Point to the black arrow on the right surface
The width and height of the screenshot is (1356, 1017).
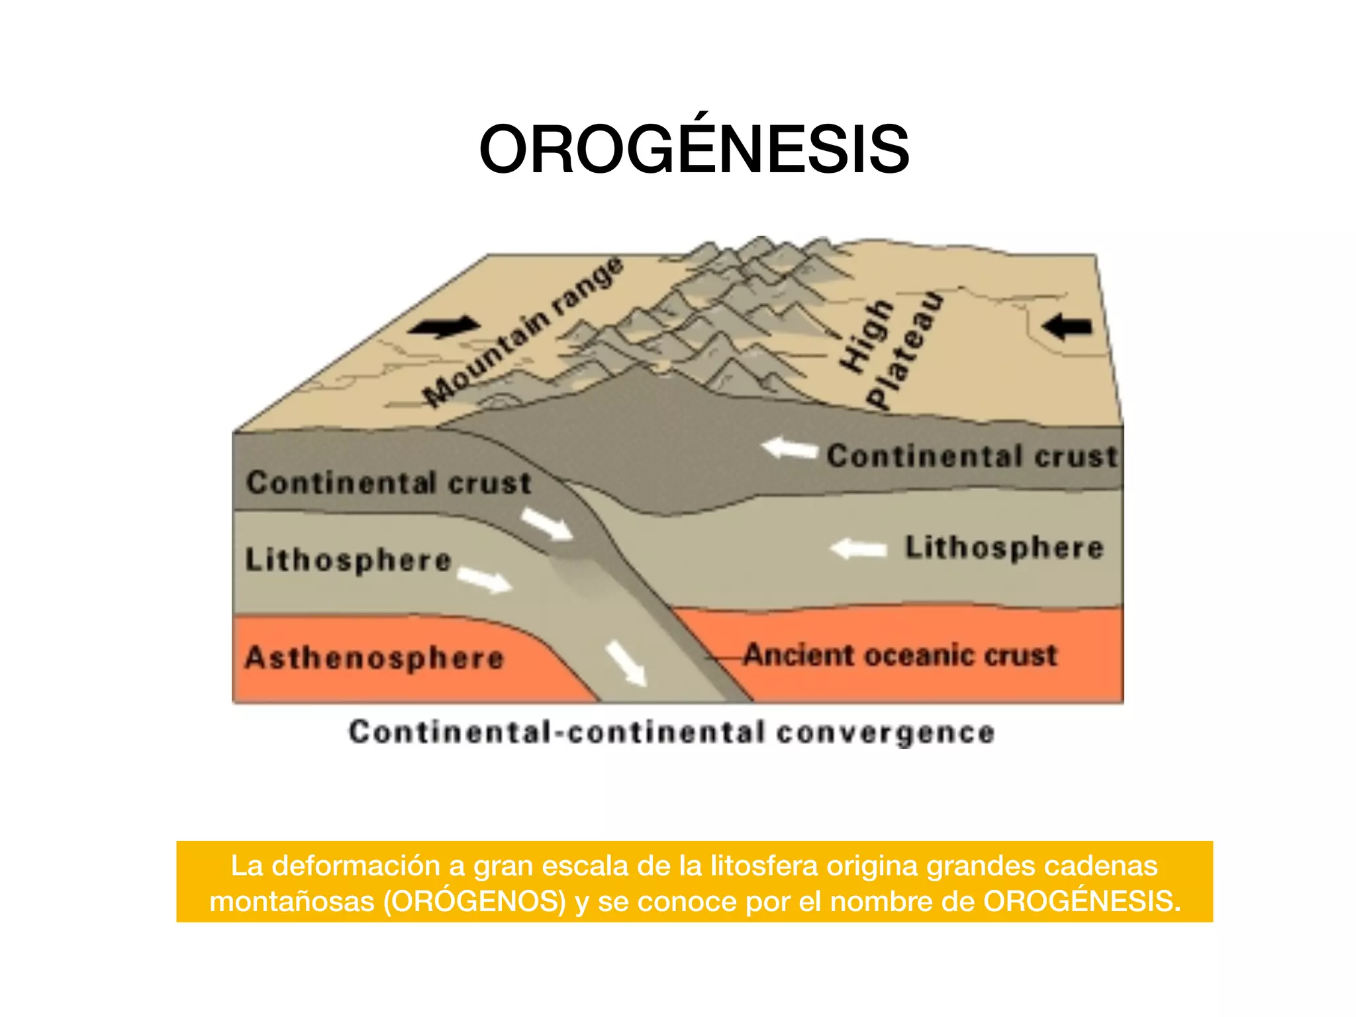pos(1066,326)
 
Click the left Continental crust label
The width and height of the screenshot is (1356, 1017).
pos(389,483)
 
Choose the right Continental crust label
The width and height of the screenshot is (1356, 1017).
pos(972,456)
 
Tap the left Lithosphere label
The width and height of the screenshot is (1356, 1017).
pos(348,560)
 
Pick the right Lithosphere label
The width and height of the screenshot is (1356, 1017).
pos(1004,548)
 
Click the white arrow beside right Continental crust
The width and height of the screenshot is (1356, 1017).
pos(790,449)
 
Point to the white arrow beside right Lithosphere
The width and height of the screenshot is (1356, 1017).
pos(859,549)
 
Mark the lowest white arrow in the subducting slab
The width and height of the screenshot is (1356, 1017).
pos(626,663)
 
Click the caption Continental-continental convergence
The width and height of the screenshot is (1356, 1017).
pos(671,732)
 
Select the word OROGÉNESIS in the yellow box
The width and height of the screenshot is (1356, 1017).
pos(1082,901)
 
